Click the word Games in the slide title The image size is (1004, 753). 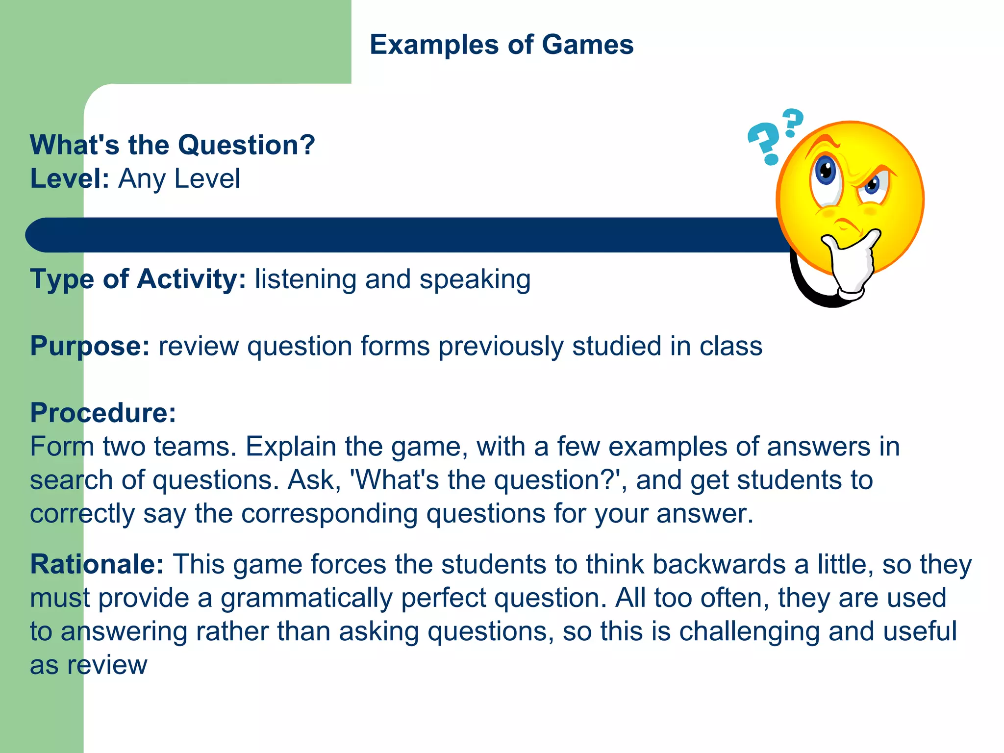[x=588, y=45]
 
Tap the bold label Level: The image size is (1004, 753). [x=69, y=178]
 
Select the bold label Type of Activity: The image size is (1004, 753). [x=138, y=279]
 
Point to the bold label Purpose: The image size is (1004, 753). [x=90, y=346]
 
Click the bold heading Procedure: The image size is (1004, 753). [x=103, y=413]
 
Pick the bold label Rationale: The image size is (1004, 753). [x=97, y=564]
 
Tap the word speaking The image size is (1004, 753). [x=475, y=280]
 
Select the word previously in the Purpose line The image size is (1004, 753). [x=501, y=347]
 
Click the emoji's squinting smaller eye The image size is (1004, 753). [x=873, y=185]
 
